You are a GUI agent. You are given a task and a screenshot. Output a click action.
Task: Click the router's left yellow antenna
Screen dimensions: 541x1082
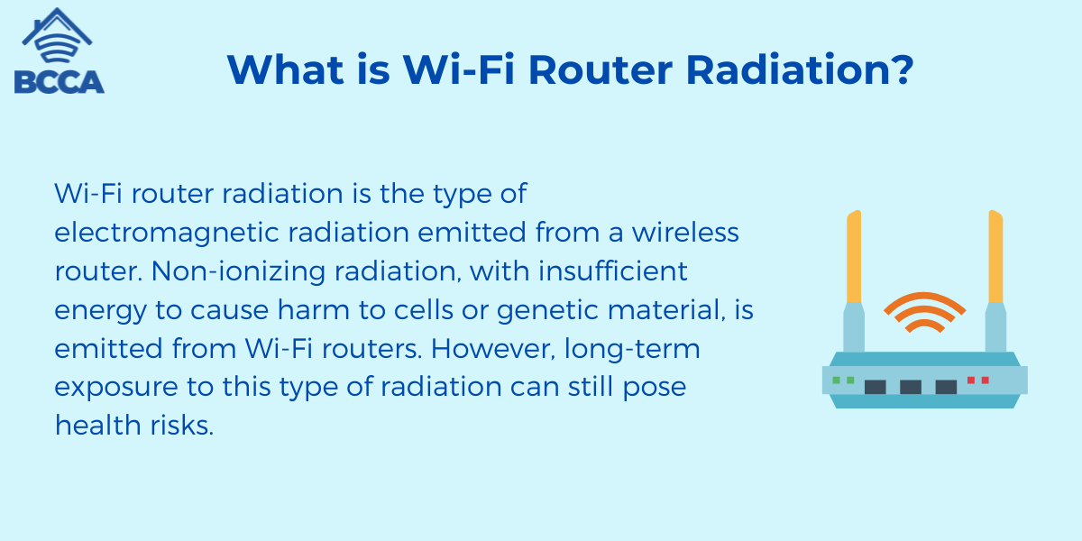point(853,257)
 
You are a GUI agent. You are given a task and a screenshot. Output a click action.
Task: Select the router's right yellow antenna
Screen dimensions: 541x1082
point(995,257)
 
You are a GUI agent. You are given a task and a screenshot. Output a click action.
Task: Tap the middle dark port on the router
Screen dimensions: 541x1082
point(911,386)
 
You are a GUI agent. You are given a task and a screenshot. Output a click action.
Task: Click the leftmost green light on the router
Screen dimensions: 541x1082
point(837,381)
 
